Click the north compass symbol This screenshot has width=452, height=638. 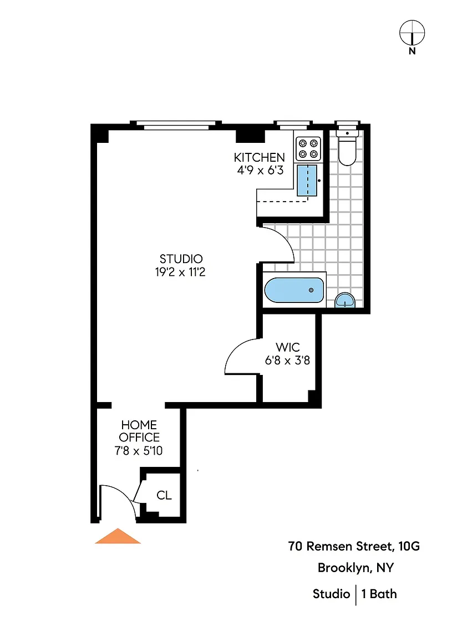[x=412, y=33]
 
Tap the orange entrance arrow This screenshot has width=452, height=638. [x=118, y=536]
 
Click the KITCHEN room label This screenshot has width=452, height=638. [x=259, y=157]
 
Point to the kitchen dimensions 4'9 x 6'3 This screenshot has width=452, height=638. [x=260, y=170]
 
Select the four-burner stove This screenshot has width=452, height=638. [x=308, y=148]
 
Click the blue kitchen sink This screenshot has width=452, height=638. [x=307, y=180]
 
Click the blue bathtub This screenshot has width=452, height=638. [x=294, y=291]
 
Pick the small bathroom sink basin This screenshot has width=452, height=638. [x=345, y=301]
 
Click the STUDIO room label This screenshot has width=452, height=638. [x=181, y=259]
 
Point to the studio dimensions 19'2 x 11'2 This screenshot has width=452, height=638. [x=180, y=272]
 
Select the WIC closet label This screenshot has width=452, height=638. [x=288, y=347]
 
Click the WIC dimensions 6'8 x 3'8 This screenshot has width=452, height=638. [x=287, y=360]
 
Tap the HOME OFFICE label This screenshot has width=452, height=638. [x=139, y=431]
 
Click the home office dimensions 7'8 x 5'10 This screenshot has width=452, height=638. [x=139, y=450]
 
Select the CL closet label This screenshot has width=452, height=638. [x=164, y=495]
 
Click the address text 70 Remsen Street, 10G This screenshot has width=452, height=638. [x=354, y=546]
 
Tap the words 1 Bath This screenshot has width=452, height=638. [x=379, y=594]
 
